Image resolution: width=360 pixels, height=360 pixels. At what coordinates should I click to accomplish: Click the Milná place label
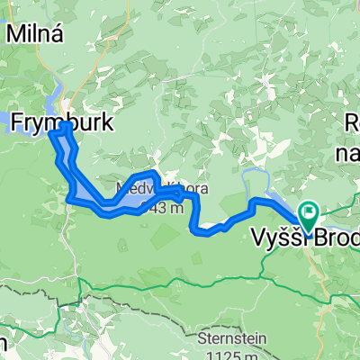[33, 33]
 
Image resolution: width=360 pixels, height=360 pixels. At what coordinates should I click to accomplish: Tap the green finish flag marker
[309, 215]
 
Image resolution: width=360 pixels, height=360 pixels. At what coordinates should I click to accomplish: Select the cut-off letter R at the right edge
[354, 127]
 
